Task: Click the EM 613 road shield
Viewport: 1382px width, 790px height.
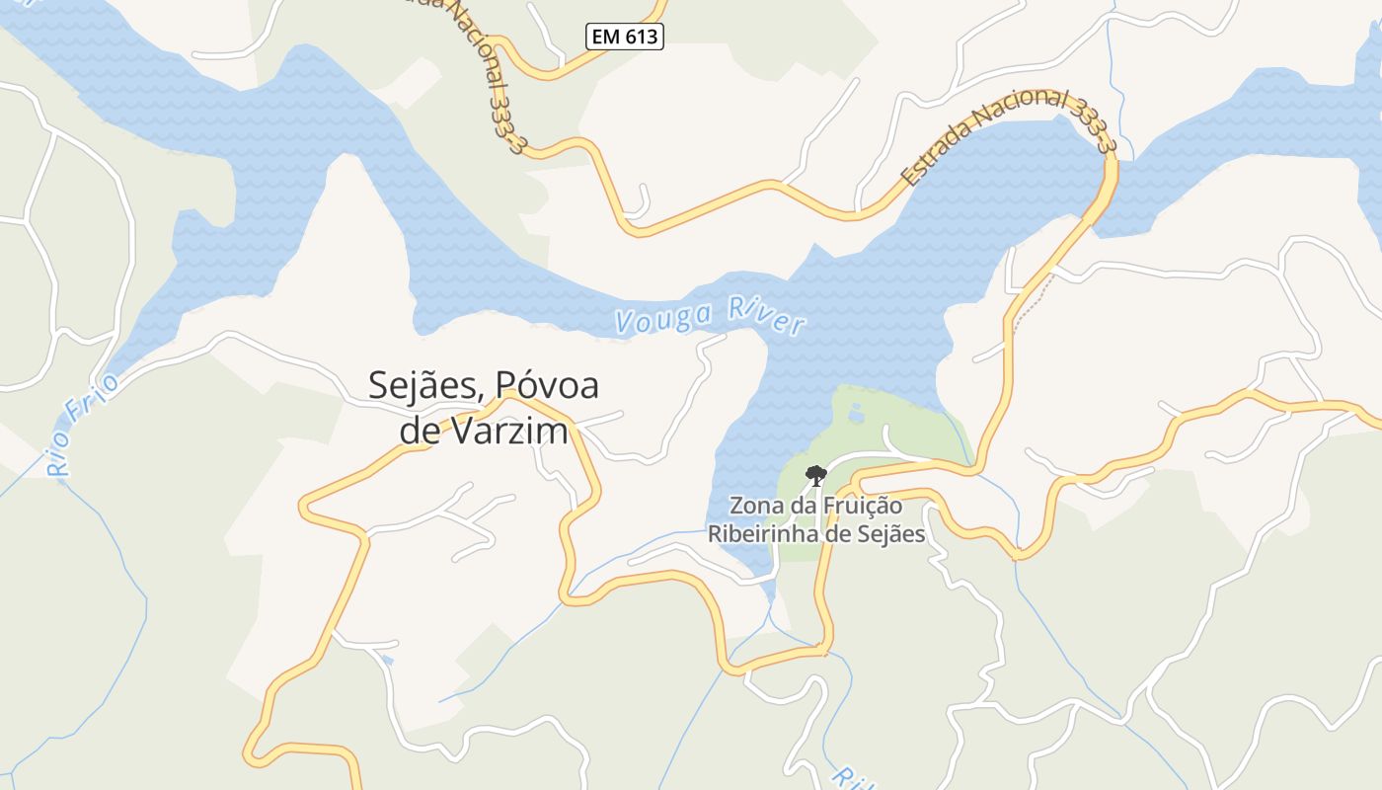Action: [x=625, y=38]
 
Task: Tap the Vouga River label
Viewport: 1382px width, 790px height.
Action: [x=709, y=315]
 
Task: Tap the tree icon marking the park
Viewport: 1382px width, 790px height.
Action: [x=815, y=476]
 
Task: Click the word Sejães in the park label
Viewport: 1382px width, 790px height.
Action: [x=891, y=534]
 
